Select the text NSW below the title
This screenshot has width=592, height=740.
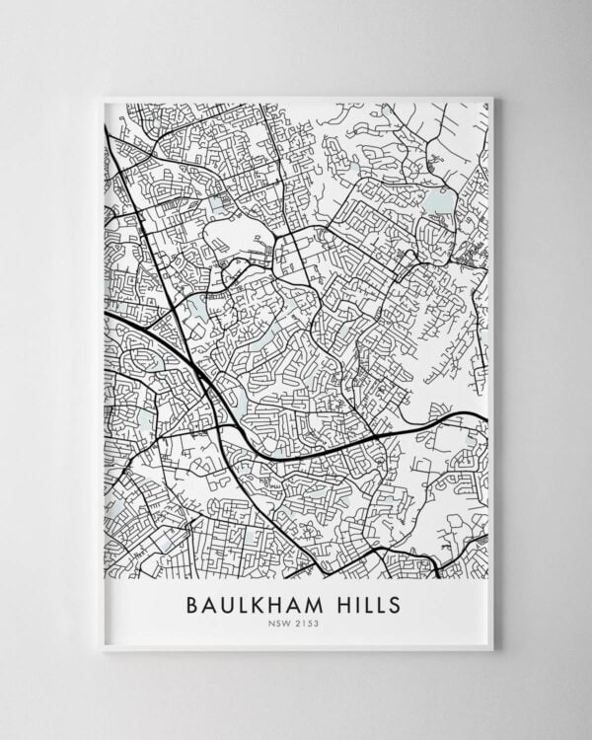click(279, 624)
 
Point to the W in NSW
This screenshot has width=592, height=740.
click(287, 624)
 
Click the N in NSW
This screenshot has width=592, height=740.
click(272, 624)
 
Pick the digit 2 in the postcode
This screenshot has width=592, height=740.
click(298, 624)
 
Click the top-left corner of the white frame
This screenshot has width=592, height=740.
click(101, 96)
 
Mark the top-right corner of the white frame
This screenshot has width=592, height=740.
click(491, 96)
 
